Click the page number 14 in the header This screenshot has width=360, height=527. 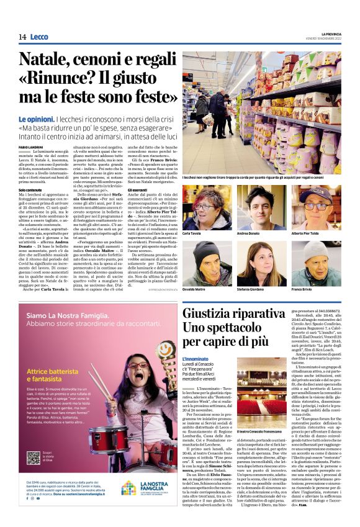[22, 37]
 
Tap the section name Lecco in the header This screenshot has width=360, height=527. [39, 37]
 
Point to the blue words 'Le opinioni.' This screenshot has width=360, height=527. [35, 119]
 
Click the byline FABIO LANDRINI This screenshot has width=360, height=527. [31, 146]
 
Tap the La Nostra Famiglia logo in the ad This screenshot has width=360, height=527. [138, 488]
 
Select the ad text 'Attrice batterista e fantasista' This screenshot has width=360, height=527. [52, 376]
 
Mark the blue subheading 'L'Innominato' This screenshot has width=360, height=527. [197, 359]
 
